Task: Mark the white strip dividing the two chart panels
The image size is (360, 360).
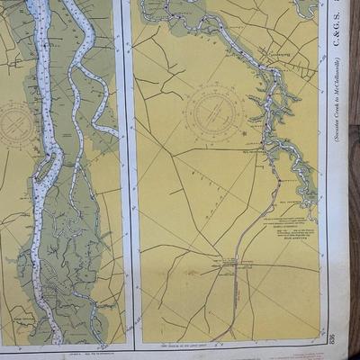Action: (129, 180)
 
